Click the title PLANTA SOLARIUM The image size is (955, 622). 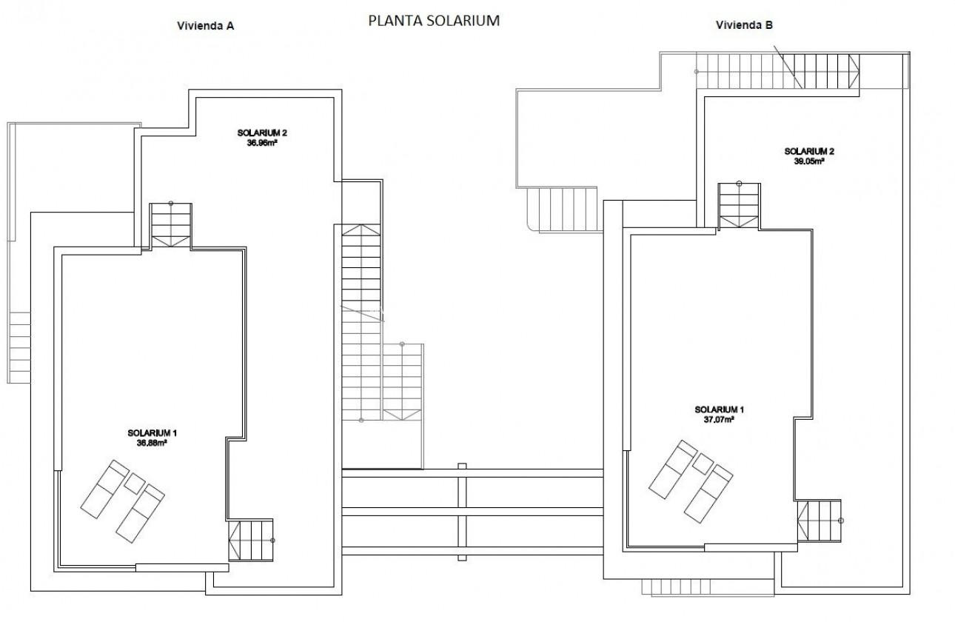434,21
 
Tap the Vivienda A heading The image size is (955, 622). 205,25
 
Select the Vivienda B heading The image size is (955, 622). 744,25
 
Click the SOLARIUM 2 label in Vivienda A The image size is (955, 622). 261,133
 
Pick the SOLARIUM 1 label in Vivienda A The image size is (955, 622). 151,432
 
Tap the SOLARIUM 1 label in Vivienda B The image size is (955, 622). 719,409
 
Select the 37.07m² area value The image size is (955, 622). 719,419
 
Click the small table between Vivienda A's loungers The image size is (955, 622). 134,484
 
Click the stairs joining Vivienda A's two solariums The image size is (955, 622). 170,226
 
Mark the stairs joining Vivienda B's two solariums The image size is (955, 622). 739,205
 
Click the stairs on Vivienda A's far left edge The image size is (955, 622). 20,345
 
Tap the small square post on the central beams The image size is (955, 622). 463,466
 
